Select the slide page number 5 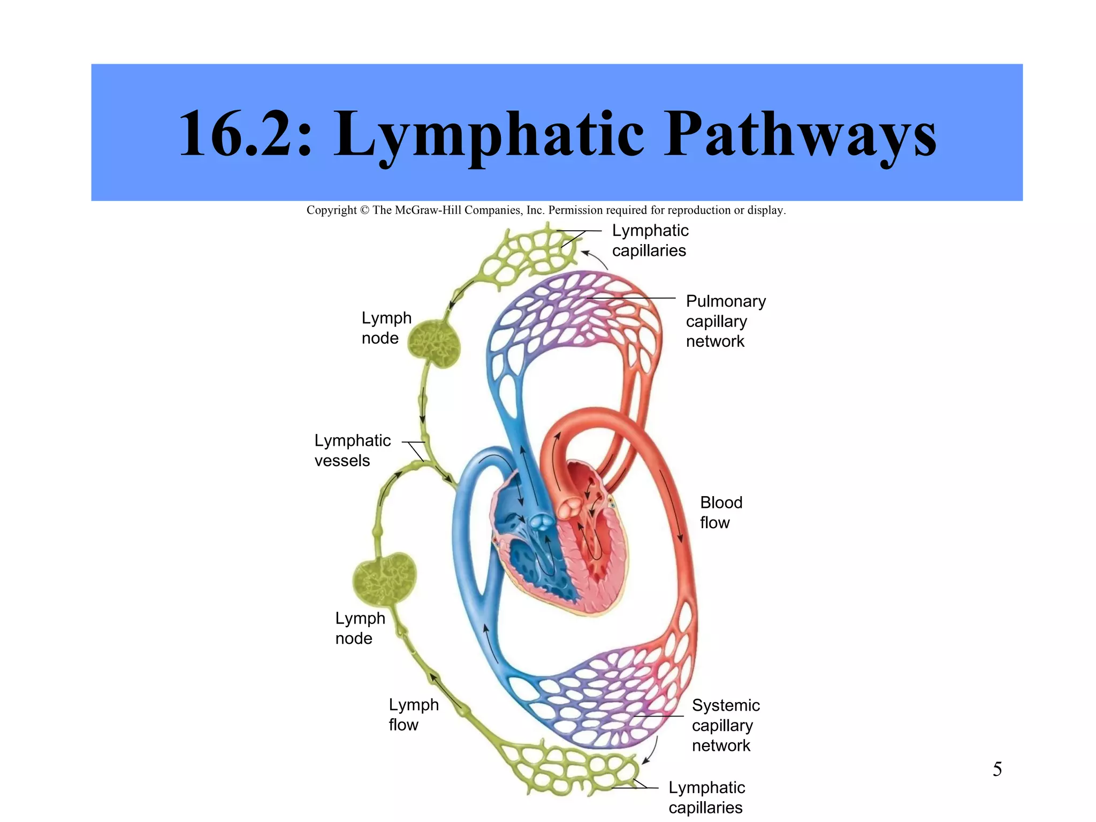tap(997, 769)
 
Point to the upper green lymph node tap(434, 344)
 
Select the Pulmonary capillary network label tap(725, 321)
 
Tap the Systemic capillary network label tap(725, 725)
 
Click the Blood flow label tap(720, 512)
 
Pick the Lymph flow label tap(413, 714)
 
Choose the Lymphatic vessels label tap(352, 450)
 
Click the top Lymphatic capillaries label tap(650, 240)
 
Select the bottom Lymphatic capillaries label tap(706, 797)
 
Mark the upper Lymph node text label tap(386, 328)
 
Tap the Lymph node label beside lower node tap(360, 628)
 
